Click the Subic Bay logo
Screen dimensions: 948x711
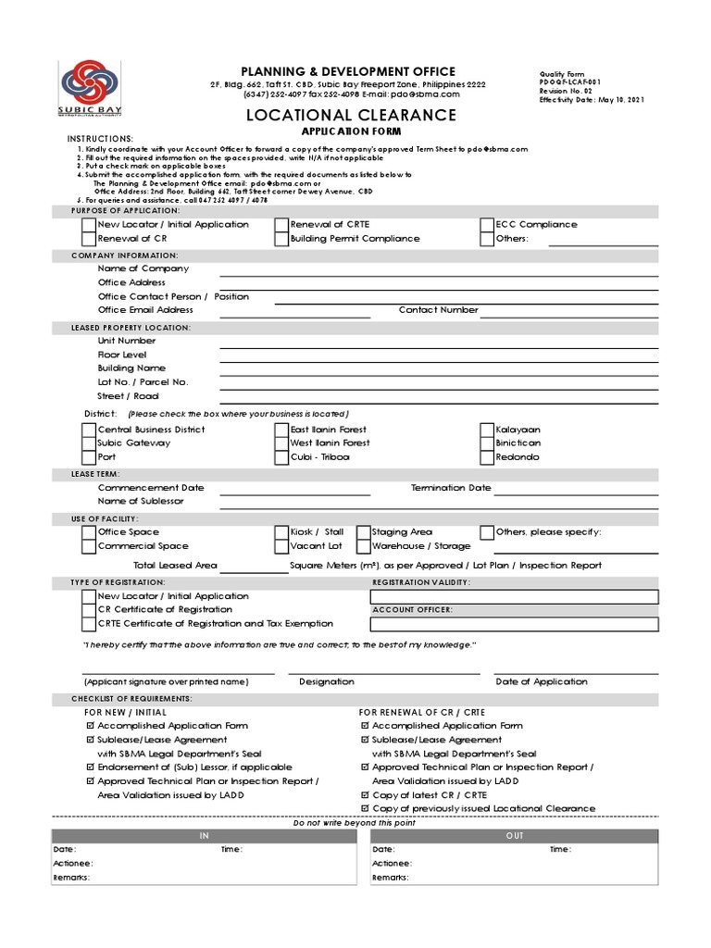click(89, 89)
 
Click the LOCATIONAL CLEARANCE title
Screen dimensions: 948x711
click(351, 115)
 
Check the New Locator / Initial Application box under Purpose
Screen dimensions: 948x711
click(89, 225)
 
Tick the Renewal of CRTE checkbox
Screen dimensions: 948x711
click(281, 225)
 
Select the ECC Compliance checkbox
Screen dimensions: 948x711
click(487, 225)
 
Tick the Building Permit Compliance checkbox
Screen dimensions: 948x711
click(281, 239)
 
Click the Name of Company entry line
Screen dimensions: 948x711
click(439, 269)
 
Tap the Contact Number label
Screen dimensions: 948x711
click(438, 310)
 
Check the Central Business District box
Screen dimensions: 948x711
click(89, 430)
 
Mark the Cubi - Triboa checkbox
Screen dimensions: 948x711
click(281, 456)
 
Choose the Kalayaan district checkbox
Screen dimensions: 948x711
click(487, 430)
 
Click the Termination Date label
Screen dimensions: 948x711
click(451, 488)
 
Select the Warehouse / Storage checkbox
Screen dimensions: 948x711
click(363, 546)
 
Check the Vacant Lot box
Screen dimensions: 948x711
click(281, 546)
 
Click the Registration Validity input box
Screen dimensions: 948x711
click(514, 596)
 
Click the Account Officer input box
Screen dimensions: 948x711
click(514, 624)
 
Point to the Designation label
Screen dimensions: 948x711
click(326, 681)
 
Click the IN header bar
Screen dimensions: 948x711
click(205, 836)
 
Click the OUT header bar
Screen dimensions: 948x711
click(514, 836)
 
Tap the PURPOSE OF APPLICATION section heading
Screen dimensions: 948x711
click(125, 211)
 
